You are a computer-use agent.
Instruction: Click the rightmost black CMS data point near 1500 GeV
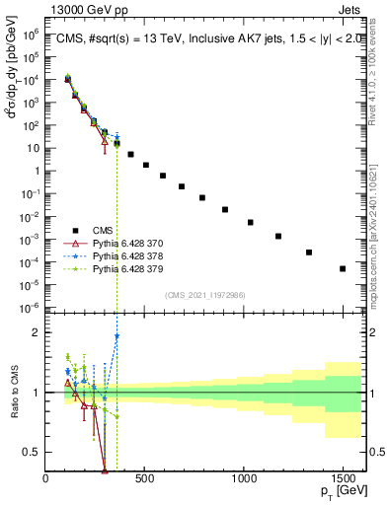343,268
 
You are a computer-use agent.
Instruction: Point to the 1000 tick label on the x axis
243,478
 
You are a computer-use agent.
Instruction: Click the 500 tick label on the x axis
144,478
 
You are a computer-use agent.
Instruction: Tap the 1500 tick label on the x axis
342,478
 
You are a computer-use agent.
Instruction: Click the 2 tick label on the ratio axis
36,332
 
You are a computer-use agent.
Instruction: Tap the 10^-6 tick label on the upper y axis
30,307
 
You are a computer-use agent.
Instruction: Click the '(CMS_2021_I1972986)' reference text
204,295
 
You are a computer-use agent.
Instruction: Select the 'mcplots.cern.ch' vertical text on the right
376,247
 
